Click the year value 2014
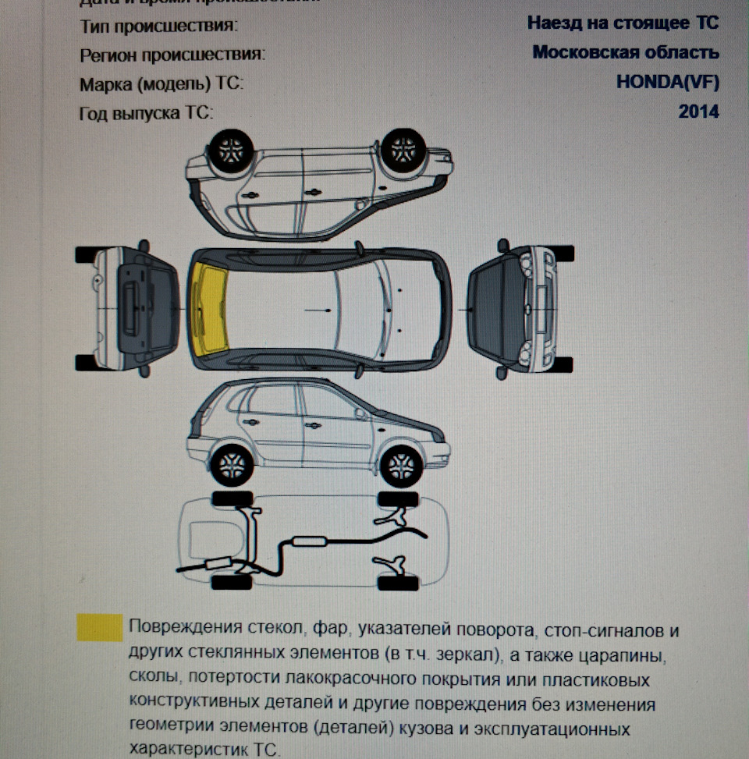tap(698, 112)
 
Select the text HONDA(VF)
tap(667, 82)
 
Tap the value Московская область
tap(626, 52)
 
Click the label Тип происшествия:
tap(159, 26)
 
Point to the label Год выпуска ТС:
tap(147, 113)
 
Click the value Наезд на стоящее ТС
tap(623, 23)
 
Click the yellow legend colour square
tap(99, 627)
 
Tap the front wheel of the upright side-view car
tap(401, 466)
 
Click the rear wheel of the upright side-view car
tap(232, 466)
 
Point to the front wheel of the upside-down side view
tap(403, 149)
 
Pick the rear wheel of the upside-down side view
tap(232, 149)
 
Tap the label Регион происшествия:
tap(172, 55)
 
